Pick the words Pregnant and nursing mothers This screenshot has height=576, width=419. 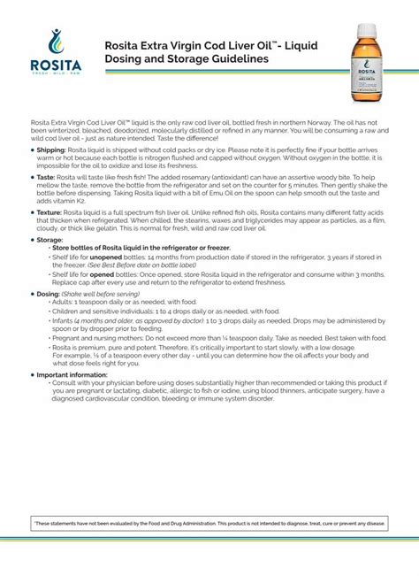pos(95,338)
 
